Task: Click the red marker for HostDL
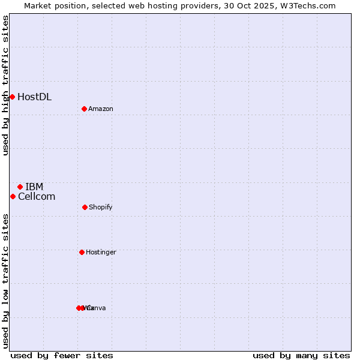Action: click(12, 97)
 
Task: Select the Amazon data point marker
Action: click(85, 109)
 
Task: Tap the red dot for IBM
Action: click(20, 187)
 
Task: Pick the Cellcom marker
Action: click(13, 196)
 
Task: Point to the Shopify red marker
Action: click(85, 207)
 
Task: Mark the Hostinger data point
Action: click(82, 252)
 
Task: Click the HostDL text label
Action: click(34, 97)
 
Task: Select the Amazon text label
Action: click(101, 109)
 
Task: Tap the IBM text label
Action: click(34, 187)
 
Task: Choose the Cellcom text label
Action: click(37, 196)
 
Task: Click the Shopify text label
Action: click(101, 207)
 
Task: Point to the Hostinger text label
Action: click(101, 252)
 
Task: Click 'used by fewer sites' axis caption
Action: click(62, 355)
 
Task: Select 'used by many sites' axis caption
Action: click(301, 355)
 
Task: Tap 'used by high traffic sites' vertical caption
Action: click(5, 85)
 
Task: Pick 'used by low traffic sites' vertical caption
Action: click(5, 281)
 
